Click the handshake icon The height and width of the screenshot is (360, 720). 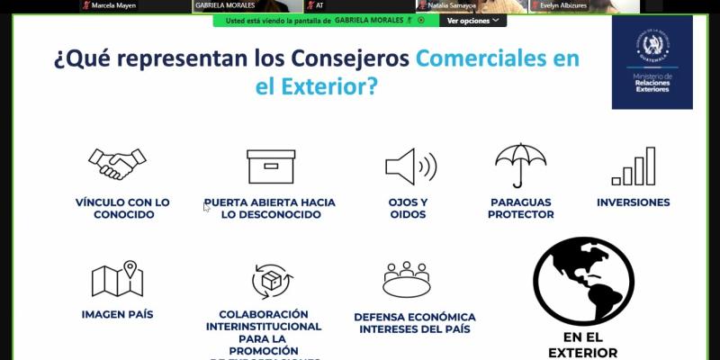click(x=117, y=165)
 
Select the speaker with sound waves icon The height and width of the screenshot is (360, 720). click(x=410, y=166)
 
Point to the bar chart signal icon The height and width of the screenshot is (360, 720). click(x=633, y=166)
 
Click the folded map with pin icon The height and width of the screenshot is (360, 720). click(x=117, y=279)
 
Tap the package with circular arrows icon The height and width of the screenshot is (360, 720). click(x=269, y=281)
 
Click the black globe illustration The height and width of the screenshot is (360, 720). click(x=583, y=282)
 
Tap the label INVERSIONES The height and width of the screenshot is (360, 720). click(x=633, y=202)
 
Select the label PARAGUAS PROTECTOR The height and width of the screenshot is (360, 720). click(x=520, y=208)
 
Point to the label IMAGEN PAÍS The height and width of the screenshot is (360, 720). click(x=117, y=314)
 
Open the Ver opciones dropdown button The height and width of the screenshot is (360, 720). click(x=472, y=20)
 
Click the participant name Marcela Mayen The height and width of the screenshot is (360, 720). click(x=113, y=5)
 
